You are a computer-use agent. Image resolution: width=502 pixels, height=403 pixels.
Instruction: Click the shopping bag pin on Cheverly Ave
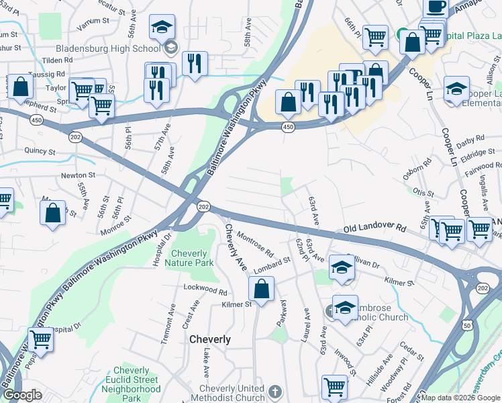coord(261,290)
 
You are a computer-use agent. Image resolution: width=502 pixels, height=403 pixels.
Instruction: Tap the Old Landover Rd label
coord(374,229)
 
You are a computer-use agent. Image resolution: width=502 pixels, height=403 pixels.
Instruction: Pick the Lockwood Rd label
coord(206,289)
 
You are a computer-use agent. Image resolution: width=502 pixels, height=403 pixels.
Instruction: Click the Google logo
coord(22,395)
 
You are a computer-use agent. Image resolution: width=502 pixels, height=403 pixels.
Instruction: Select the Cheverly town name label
coord(210,339)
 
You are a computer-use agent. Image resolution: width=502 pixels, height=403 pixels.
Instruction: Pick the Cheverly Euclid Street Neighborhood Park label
coord(136,379)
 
